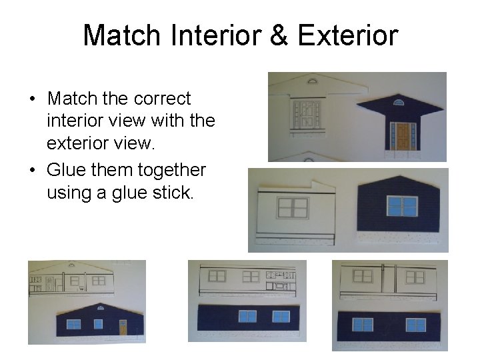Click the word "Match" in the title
click(x=121, y=35)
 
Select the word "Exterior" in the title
click(x=347, y=35)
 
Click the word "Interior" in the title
click(x=216, y=35)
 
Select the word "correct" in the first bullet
click(x=162, y=99)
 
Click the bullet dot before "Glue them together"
click(x=32, y=171)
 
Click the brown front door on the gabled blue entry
click(x=402, y=135)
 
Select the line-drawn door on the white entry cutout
click(x=307, y=114)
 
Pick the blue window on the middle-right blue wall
click(x=402, y=206)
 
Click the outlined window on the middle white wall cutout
click(x=293, y=207)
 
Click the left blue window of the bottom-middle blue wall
click(x=247, y=316)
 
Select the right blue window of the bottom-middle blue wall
click(x=281, y=316)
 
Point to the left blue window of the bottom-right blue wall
click(x=363, y=325)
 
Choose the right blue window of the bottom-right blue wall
click(x=416, y=325)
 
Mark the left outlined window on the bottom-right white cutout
click(x=363, y=275)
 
